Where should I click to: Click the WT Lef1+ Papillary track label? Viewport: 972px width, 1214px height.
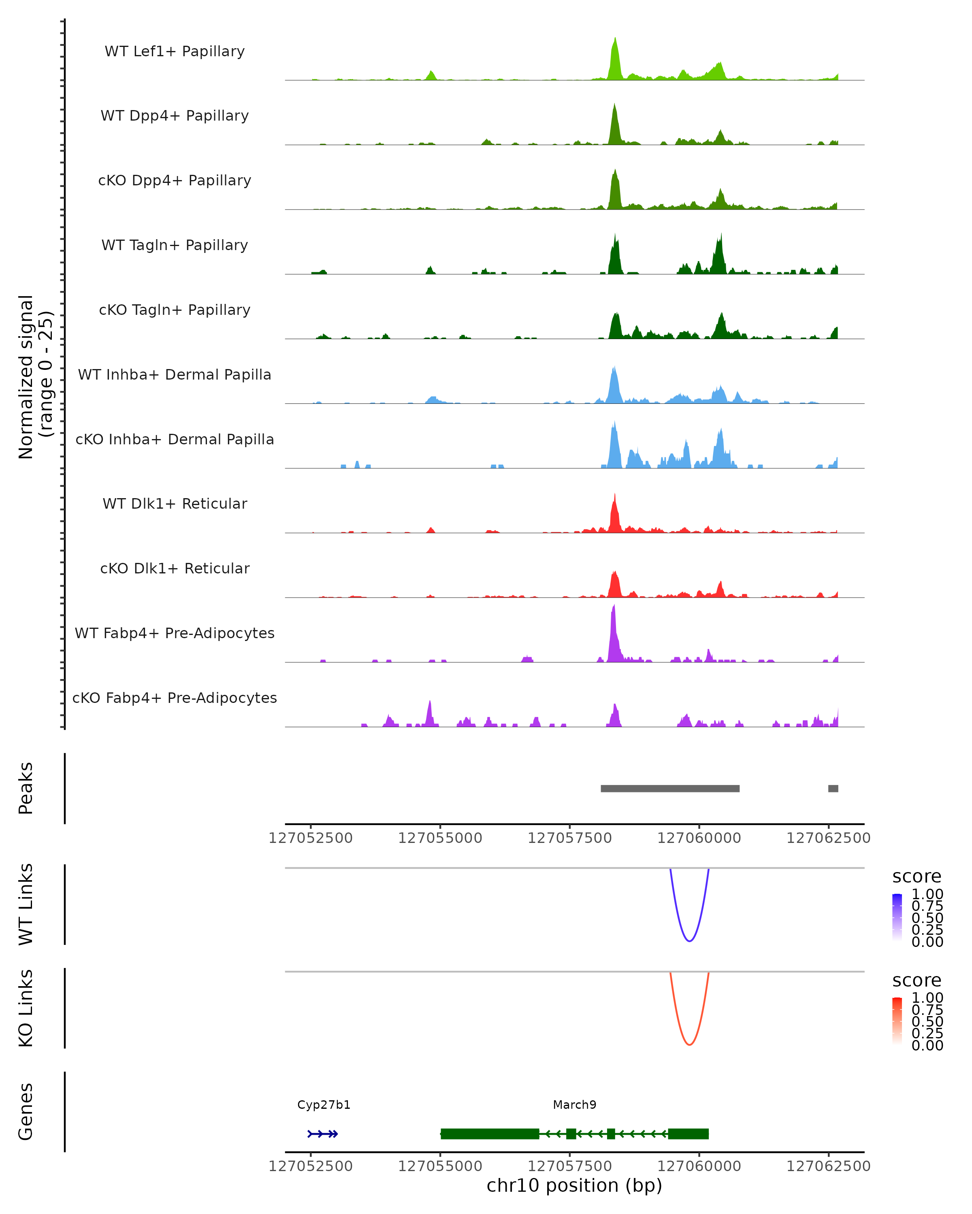[175, 51]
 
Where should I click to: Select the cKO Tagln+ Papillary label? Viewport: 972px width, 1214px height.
[175, 310]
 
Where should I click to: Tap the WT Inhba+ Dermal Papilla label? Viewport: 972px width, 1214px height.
[175, 374]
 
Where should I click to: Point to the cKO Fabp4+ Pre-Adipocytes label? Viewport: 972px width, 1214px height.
[175, 698]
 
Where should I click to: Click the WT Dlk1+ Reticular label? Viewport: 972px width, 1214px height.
[175, 503]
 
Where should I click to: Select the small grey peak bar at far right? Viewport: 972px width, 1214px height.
[833, 788]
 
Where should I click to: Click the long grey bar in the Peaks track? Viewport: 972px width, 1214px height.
[670, 788]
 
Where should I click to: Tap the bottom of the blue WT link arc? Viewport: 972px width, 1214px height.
[689, 941]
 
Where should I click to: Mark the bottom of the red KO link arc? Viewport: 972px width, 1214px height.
[689, 1044]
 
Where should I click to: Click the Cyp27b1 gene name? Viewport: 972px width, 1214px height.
[324, 1105]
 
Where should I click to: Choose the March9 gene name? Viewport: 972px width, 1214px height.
[574, 1105]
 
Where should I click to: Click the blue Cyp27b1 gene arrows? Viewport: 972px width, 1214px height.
[323, 1134]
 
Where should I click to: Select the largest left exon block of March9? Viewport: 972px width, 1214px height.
[490, 1133]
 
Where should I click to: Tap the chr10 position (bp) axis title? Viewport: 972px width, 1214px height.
[574, 1186]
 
